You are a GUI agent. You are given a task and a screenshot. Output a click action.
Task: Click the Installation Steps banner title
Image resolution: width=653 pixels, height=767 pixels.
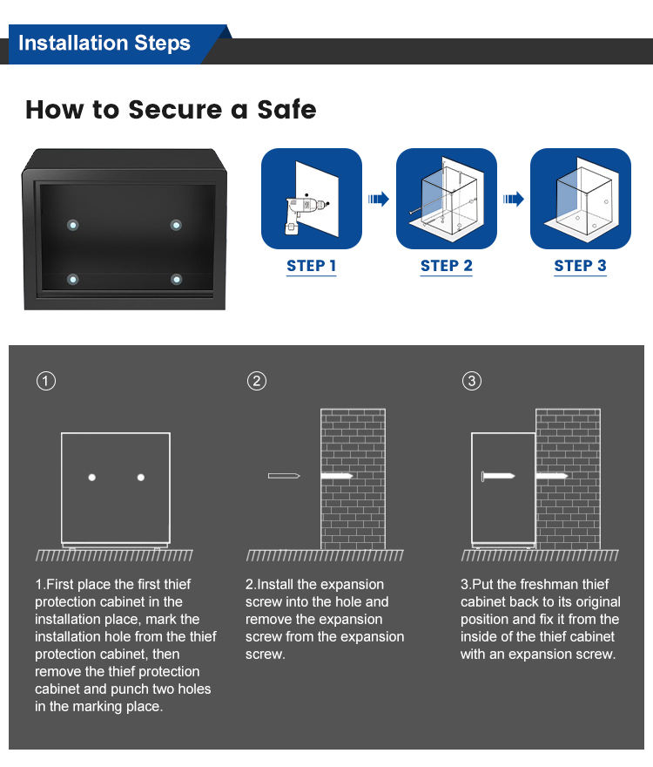coord(104,44)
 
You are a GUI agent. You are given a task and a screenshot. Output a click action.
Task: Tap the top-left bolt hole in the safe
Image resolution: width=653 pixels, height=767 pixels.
coord(73,225)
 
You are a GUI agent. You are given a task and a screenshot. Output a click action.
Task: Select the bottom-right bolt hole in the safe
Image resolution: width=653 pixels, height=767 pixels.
coord(177,279)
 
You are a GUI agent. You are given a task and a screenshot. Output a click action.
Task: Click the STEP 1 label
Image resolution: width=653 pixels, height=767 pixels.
coord(312,266)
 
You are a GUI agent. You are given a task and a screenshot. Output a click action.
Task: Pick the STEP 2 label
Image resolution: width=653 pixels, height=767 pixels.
coord(446,266)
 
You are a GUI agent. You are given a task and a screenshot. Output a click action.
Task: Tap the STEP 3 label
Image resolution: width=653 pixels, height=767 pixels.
coord(580,266)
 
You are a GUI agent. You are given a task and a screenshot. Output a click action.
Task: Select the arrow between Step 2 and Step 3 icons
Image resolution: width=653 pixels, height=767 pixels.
coord(514,200)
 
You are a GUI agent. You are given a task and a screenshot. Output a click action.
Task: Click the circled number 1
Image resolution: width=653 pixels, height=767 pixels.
coord(46,381)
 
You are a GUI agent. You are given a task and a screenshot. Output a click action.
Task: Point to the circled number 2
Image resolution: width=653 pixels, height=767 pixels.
coord(256,381)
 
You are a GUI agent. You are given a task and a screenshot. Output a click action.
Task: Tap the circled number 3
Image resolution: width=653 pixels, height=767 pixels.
coord(471,381)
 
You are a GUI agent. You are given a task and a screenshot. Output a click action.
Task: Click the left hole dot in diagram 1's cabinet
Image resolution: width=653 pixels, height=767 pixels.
coord(91,477)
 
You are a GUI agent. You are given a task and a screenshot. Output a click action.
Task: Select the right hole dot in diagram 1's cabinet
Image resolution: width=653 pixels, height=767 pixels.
coord(141,477)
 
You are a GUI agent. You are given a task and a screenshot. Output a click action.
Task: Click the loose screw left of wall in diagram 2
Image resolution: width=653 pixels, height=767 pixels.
coord(284,476)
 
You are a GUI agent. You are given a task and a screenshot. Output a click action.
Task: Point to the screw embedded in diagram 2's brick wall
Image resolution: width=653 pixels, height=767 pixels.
coord(336,477)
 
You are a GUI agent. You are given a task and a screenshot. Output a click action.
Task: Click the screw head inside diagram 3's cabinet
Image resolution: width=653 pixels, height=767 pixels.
coord(483,477)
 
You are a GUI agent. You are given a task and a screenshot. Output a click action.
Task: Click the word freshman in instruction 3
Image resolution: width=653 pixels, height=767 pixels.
coord(543,584)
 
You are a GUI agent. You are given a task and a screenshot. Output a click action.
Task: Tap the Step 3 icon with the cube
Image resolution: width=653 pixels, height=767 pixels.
coord(580,199)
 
